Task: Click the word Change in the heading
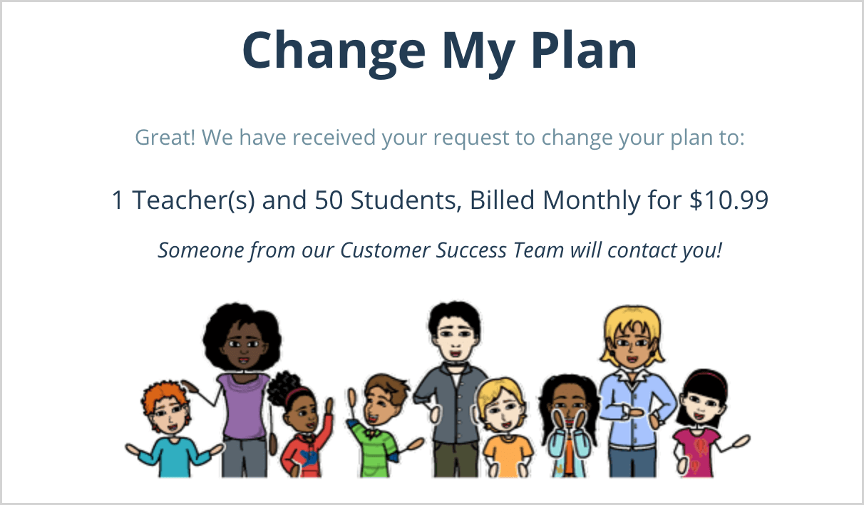point(334,51)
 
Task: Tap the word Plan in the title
point(584,50)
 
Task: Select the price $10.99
point(729,200)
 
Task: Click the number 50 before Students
point(329,200)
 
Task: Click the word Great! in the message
point(165,137)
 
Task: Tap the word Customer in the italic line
point(385,250)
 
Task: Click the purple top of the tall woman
point(243,404)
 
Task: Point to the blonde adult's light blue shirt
point(636,409)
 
